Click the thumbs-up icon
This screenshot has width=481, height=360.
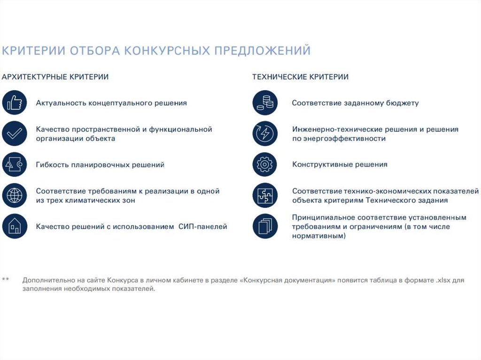(15, 102)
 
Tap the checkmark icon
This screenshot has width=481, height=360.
(15, 133)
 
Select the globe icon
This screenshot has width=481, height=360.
(15, 195)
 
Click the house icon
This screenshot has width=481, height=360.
(15, 226)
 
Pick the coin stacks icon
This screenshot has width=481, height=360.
(265, 102)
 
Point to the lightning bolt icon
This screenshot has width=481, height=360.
(265, 133)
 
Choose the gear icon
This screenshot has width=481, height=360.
(265, 164)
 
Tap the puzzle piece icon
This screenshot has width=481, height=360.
(265, 195)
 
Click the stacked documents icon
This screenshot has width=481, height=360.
(265, 226)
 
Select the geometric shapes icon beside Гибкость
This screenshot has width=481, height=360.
(15, 164)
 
